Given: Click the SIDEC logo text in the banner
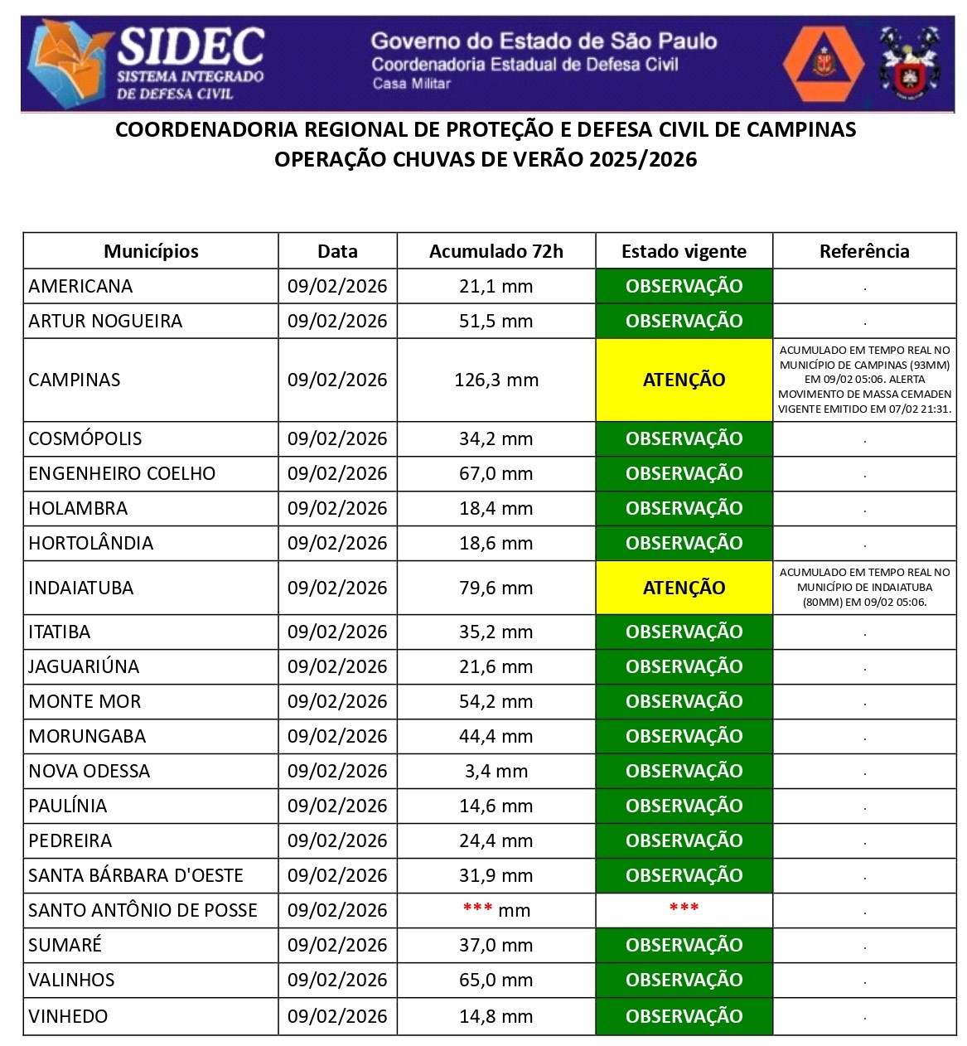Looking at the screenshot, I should tap(191, 47).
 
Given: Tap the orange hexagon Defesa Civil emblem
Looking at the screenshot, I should tap(823, 63).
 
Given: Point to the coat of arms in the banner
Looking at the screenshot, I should tap(909, 63).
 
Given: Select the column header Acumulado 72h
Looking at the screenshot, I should tap(496, 251).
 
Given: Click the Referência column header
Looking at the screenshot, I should tap(863, 251).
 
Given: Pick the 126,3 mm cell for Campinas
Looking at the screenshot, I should tap(496, 380).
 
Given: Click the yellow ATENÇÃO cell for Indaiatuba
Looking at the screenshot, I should tap(684, 588).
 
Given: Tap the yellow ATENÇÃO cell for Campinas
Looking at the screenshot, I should tap(684, 380).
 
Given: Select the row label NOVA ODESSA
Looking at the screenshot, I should tap(89, 771).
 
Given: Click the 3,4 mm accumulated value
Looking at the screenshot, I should tap(496, 771).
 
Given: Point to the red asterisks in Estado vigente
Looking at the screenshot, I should tap(684, 908).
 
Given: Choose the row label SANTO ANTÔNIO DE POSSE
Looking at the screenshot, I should tap(143, 910).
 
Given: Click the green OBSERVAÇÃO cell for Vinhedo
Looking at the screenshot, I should tap(684, 1016).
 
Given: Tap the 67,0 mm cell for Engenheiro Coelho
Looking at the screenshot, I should tap(496, 473).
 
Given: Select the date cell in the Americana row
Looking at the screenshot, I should tap(337, 286).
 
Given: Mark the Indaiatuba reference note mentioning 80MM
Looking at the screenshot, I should tap(864, 587).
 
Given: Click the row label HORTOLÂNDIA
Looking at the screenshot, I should tap(91, 543).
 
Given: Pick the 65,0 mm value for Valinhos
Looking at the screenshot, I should tap(496, 980).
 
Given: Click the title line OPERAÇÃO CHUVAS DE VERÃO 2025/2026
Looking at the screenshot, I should tap(486, 159).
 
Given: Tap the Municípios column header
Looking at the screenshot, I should tap(151, 251).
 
